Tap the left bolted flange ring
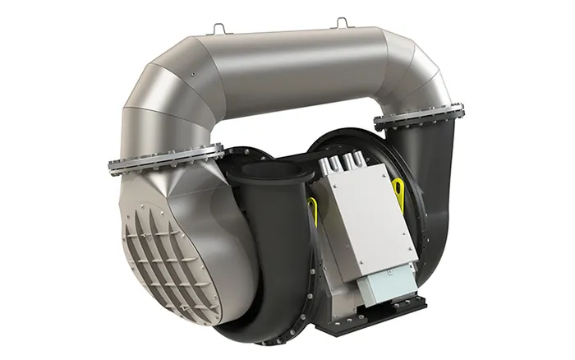click(x=164, y=155)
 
